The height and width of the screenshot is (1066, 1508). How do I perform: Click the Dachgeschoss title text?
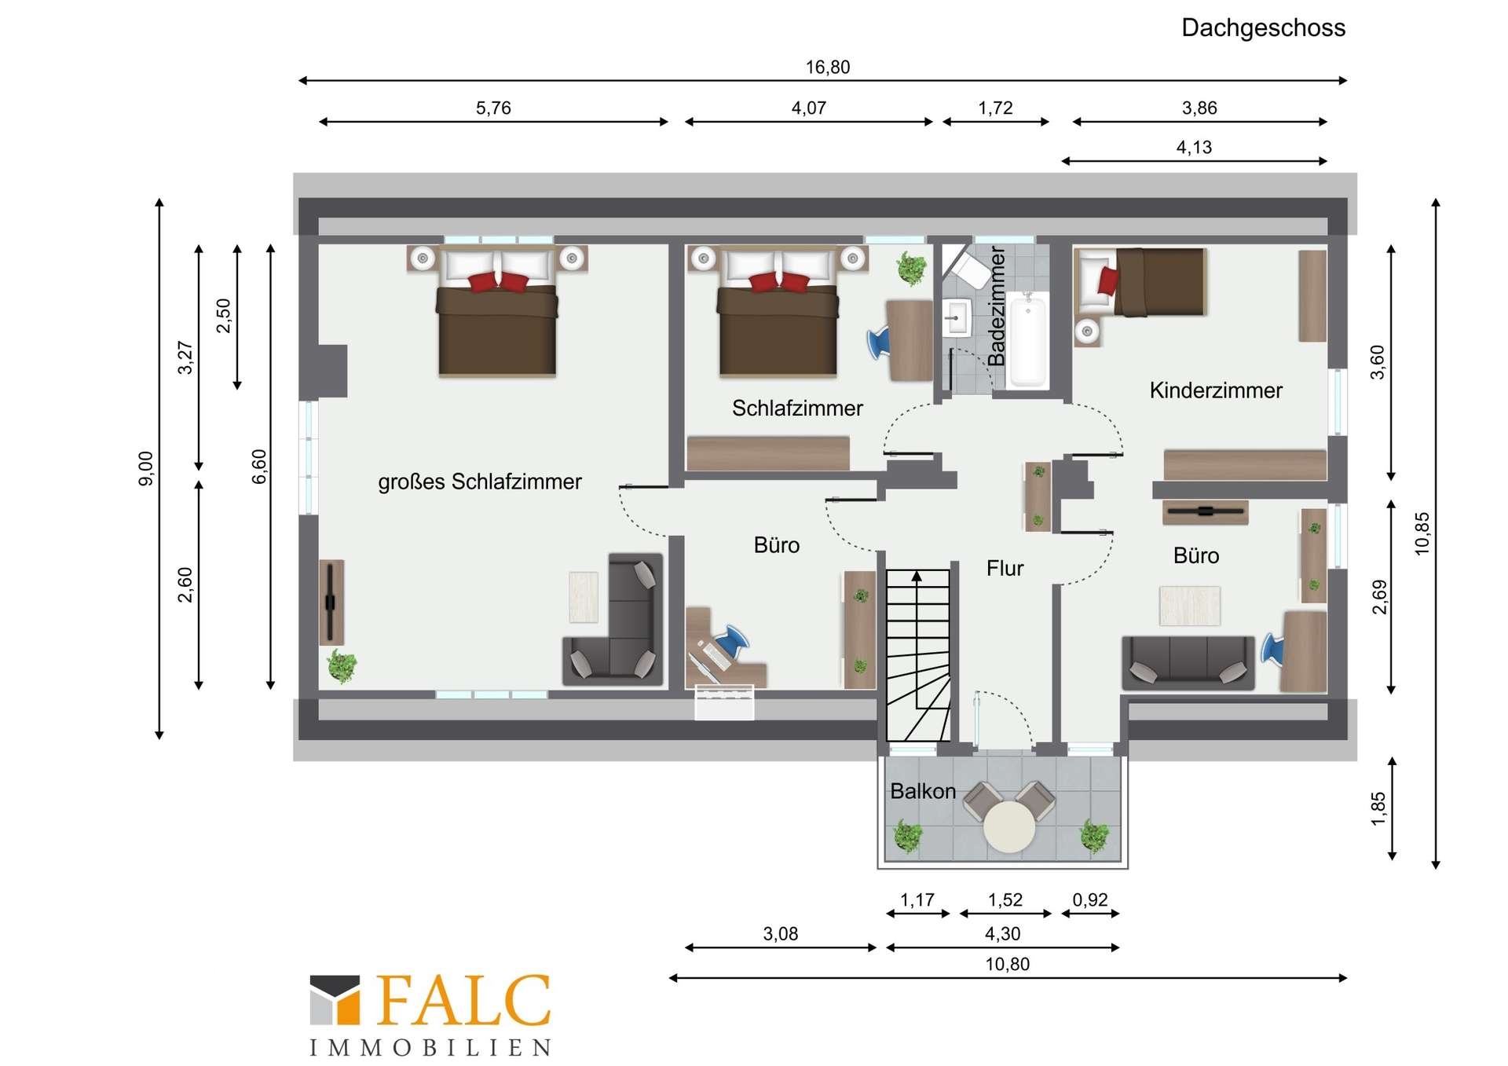pos(1263,28)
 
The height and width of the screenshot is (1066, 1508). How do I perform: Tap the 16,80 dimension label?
pos(828,68)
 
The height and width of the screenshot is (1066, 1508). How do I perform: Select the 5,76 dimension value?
pos(493,108)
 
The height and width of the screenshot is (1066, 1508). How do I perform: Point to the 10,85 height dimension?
pos(1422,533)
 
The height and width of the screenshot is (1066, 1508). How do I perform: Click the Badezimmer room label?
pos(996,306)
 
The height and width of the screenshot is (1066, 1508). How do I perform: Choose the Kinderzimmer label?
pos(1216,390)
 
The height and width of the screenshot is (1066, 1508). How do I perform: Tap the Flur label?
pos(1005,568)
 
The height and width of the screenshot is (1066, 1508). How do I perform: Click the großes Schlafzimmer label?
pos(480,482)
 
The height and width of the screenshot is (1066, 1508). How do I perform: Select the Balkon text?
pos(923,791)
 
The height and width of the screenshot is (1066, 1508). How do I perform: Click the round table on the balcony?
pos(1009,826)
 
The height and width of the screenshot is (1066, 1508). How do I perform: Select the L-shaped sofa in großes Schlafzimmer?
pos(614,621)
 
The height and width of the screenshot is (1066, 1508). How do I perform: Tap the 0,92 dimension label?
pos(1090,900)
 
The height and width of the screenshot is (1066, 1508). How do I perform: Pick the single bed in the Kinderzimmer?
pos(1140,282)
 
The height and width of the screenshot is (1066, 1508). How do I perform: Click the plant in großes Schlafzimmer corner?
pos(342,666)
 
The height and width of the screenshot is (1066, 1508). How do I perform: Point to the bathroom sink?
pos(957,318)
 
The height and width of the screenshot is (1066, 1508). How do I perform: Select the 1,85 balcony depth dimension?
pos(1378,809)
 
